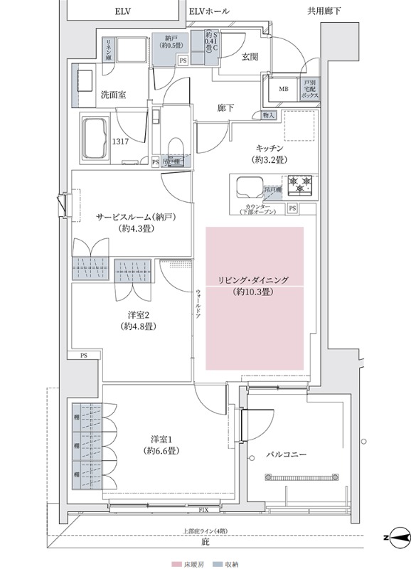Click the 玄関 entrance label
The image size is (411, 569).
(249, 56)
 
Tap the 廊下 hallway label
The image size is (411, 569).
(226, 108)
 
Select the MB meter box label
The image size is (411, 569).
(283, 89)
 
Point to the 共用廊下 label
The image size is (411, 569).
(322, 11)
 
